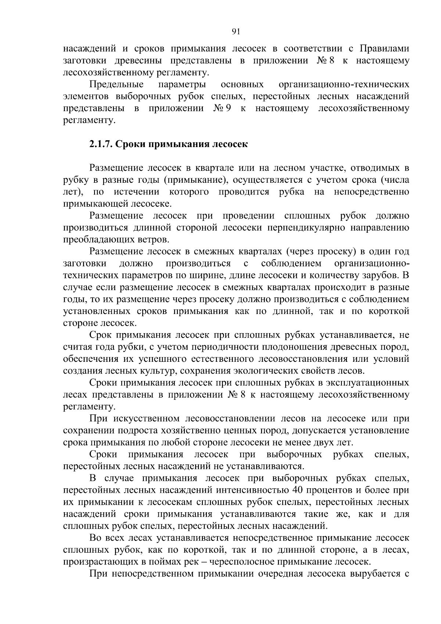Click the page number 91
click(236, 32)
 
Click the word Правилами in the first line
click(384, 49)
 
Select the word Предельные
click(116, 85)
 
